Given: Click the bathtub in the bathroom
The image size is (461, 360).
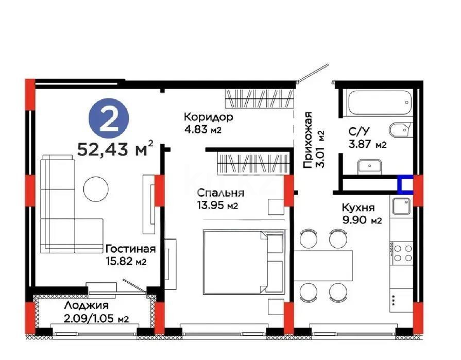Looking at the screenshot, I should [x=380, y=104].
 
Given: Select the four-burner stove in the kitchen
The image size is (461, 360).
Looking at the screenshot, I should [x=401, y=253].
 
